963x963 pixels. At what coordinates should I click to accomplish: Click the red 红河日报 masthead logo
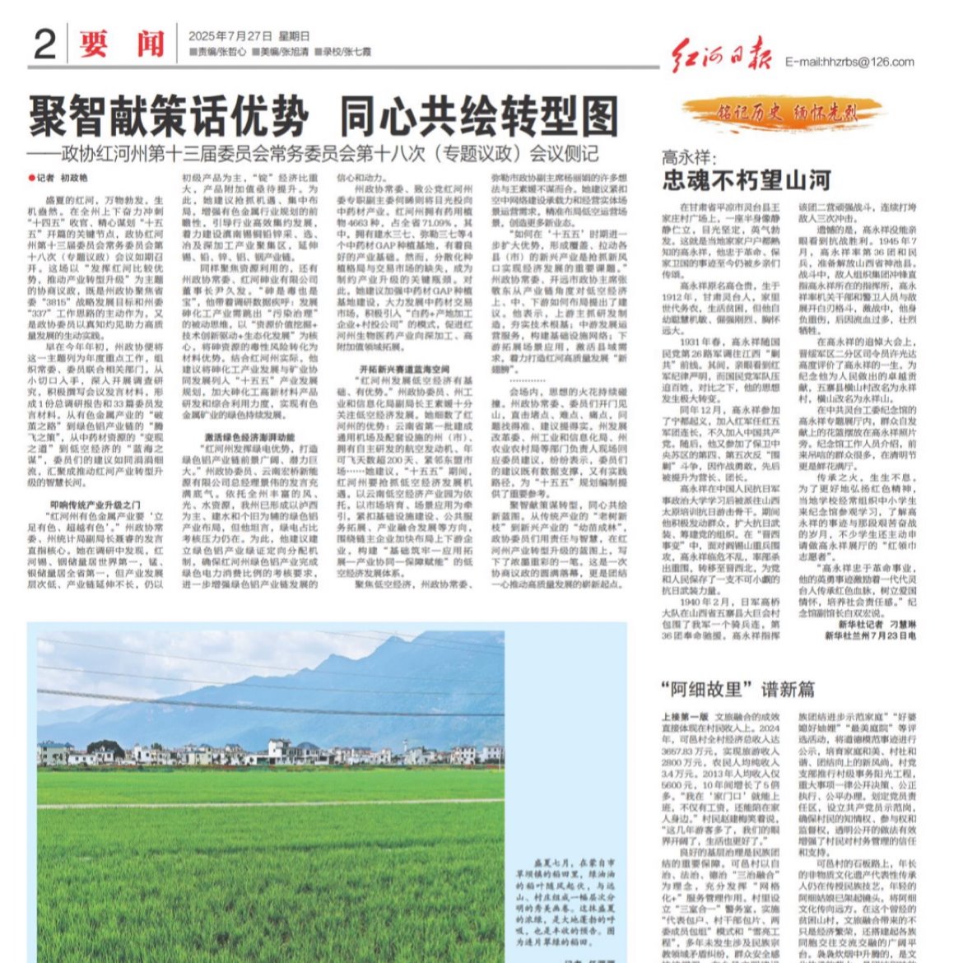721,57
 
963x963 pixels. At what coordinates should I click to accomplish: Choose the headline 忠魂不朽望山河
747,180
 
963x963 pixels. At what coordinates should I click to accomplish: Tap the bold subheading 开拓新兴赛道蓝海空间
404,370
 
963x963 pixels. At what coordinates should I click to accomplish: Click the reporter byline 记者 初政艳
61,178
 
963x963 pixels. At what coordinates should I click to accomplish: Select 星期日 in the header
294,36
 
